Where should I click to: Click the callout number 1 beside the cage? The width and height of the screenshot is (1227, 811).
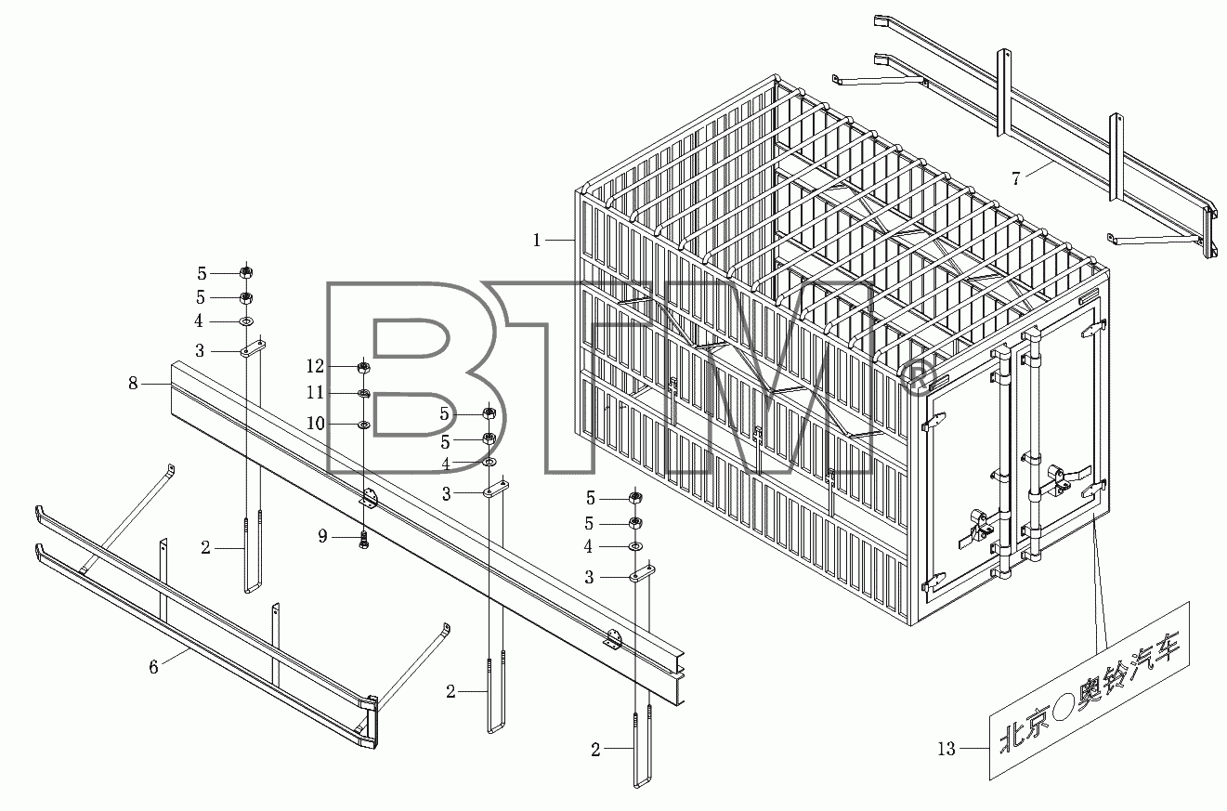[x=537, y=240]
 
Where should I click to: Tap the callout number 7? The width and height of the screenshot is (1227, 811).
[x=1016, y=178]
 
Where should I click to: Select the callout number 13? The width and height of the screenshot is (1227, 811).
[x=946, y=749]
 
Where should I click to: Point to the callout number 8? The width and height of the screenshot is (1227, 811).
[x=133, y=384]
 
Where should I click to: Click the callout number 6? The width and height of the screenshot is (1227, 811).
[x=153, y=667]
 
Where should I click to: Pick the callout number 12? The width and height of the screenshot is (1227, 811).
[x=315, y=366]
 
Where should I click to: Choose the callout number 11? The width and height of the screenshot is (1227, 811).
[x=315, y=392]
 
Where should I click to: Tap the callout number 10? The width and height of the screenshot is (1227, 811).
[x=315, y=423]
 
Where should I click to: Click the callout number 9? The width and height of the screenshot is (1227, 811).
[x=322, y=536]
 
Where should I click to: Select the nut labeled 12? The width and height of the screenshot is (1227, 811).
[x=363, y=367]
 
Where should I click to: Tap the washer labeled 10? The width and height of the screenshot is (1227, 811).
[x=364, y=425]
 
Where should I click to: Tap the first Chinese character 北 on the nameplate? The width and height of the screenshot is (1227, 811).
[x=1012, y=739]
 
